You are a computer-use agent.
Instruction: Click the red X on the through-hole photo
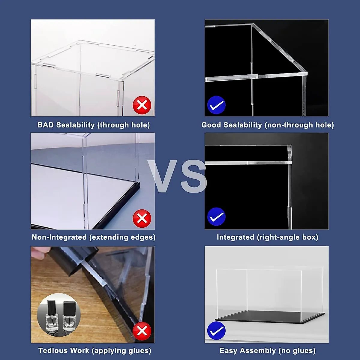[142, 105]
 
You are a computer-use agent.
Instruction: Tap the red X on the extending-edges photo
[142, 218]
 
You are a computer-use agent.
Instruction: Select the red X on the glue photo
[142, 331]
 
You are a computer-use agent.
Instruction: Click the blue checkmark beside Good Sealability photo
[216, 105]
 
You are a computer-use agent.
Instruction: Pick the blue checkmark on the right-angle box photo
[216, 217]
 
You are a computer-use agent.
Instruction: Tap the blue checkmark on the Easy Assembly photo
[216, 331]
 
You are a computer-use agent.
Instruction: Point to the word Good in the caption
[211, 125]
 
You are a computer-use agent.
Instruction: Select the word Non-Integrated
[59, 237]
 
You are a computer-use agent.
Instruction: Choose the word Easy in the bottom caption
[228, 350]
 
